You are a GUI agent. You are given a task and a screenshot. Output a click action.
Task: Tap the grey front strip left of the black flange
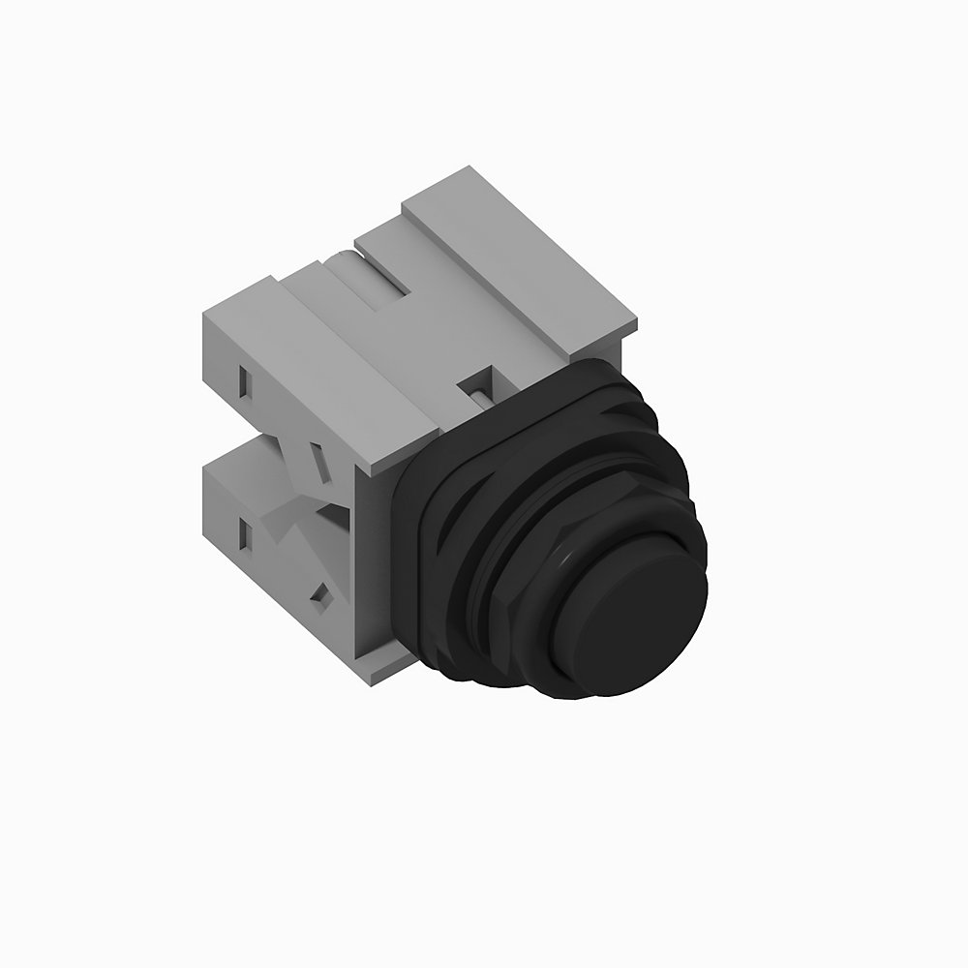coord(378,561)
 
